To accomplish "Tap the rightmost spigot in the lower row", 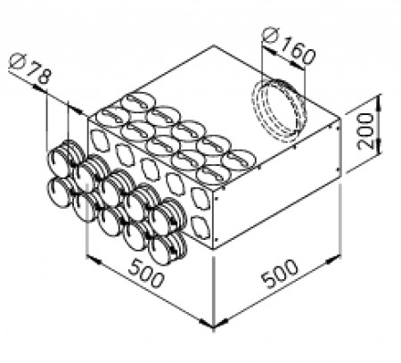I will pos(166,246).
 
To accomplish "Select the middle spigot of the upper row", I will pos(115,188).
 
